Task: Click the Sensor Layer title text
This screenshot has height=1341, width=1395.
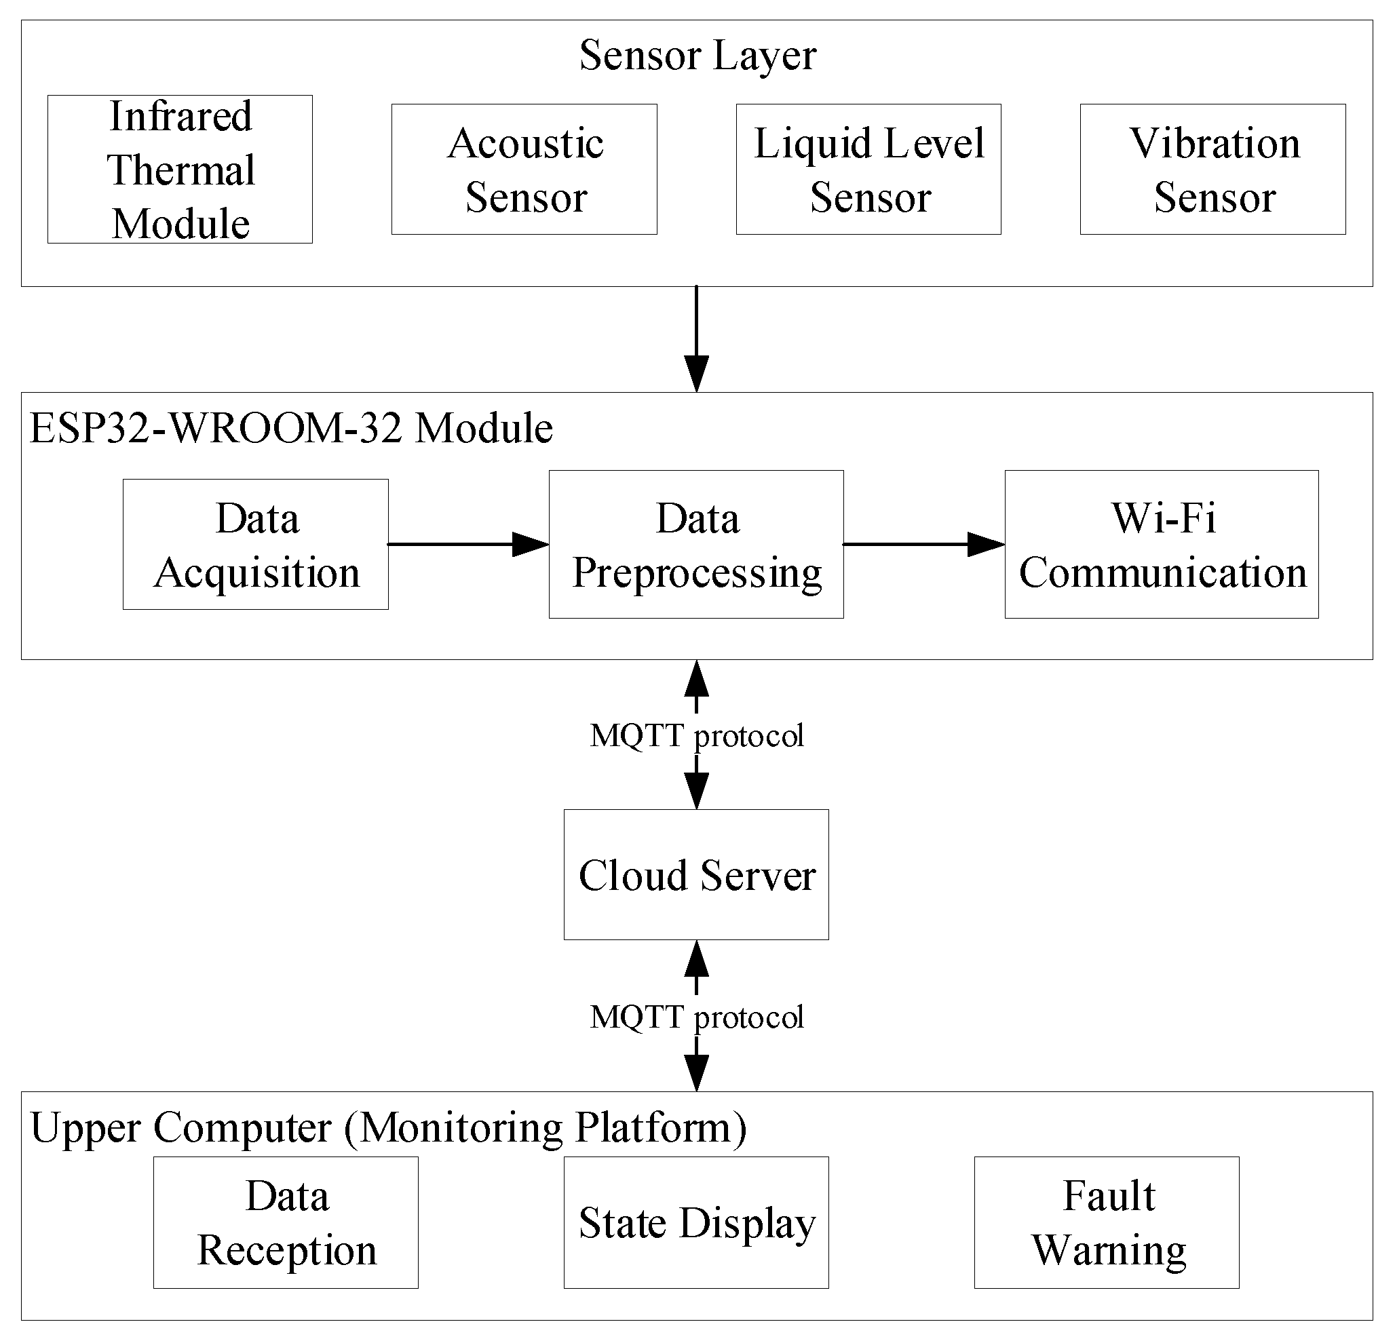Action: [697, 56]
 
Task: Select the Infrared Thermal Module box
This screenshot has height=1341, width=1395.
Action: [180, 170]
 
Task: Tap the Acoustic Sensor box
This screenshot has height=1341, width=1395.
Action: [524, 170]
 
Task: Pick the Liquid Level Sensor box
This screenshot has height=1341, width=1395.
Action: [868, 170]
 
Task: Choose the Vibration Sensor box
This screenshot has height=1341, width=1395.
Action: [1212, 170]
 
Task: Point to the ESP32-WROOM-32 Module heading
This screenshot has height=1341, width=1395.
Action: [291, 428]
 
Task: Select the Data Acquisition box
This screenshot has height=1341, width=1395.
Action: [256, 544]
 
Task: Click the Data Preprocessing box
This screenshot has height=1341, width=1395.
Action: [696, 544]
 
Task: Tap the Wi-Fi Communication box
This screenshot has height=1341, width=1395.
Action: [1162, 544]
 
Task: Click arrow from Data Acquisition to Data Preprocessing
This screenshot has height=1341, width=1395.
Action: [467, 544]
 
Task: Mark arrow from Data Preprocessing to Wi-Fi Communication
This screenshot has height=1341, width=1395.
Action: [923, 544]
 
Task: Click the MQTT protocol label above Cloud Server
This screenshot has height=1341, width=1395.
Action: [697, 735]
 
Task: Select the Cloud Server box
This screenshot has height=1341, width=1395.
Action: [696, 874]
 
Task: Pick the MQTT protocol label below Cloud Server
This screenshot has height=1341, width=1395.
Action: [697, 1017]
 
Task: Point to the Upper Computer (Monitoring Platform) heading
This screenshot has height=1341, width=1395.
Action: [389, 1128]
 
